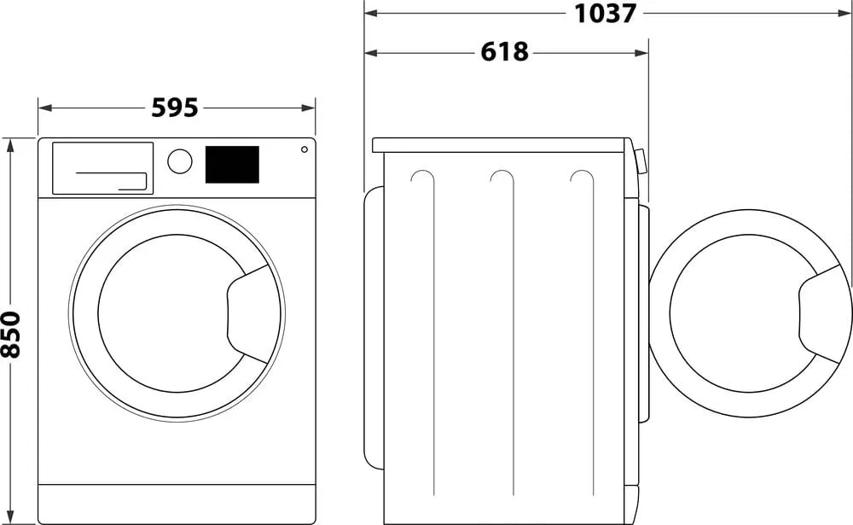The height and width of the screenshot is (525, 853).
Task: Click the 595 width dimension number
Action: click(175, 108)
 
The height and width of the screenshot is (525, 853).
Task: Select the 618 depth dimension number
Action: click(504, 52)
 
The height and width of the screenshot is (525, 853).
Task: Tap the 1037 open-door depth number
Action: click(605, 13)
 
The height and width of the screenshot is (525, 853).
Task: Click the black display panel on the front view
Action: click(232, 164)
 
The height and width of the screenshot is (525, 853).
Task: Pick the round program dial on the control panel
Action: click(180, 161)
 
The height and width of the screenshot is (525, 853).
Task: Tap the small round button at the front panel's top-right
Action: click(304, 150)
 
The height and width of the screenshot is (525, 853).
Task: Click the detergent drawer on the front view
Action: click(102, 167)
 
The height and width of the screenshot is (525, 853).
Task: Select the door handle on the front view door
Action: click(252, 312)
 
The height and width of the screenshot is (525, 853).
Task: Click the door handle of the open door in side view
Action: click(823, 312)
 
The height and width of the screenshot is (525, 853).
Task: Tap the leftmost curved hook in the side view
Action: click(421, 177)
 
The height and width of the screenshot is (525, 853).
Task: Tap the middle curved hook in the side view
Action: click(502, 177)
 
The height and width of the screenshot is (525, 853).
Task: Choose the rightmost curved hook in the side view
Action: click(582, 177)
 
